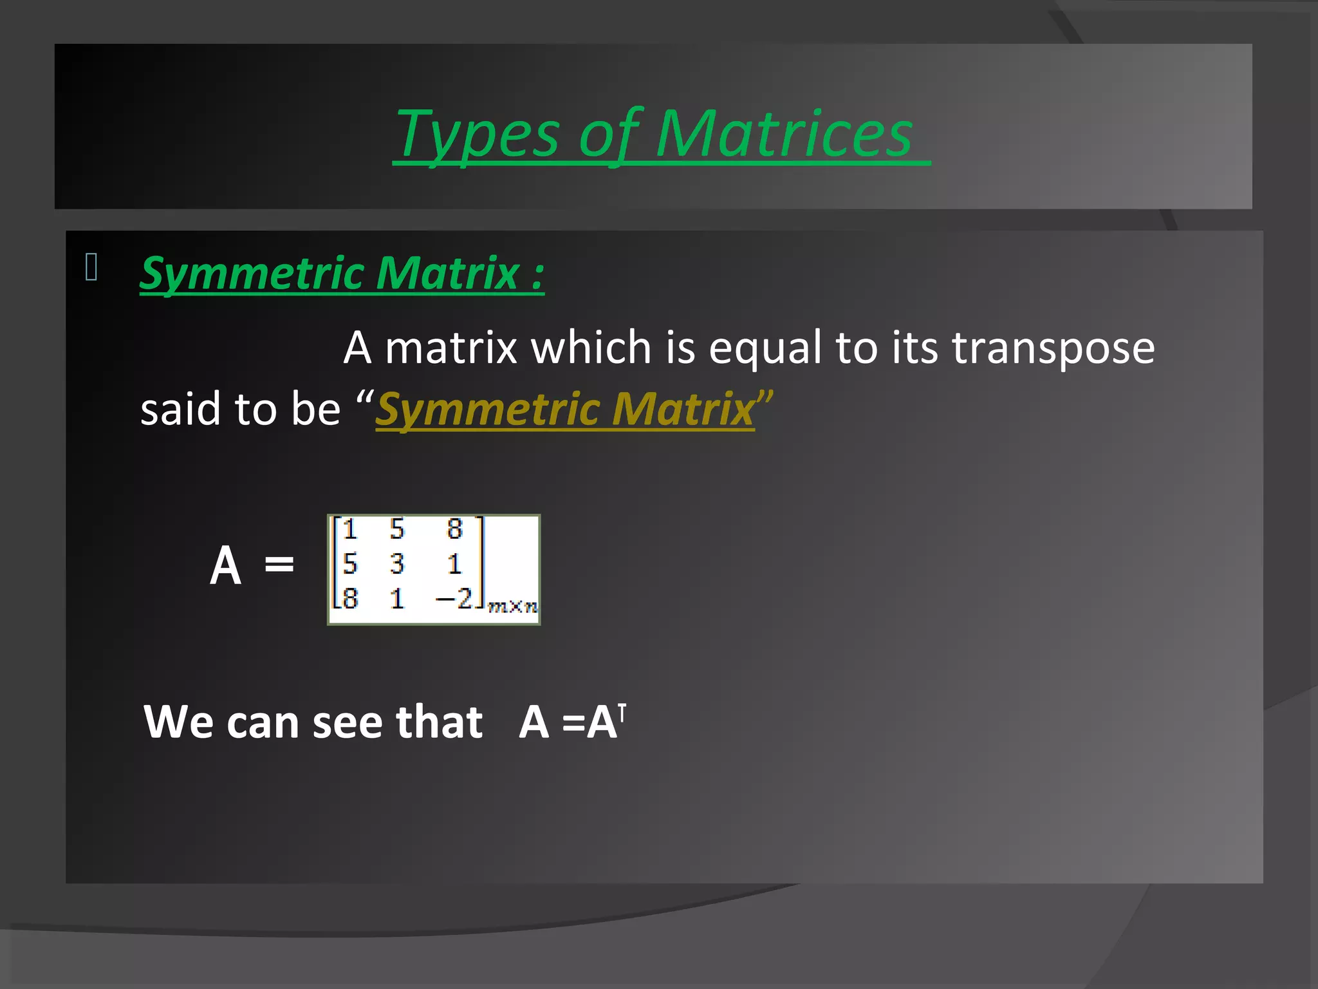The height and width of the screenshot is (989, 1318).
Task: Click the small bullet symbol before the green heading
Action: (x=91, y=267)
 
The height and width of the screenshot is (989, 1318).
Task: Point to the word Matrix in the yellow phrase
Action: (x=683, y=409)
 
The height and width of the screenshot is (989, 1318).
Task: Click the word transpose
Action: (x=1053, y=348)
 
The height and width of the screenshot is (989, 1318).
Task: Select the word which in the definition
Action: (x=591, y=348)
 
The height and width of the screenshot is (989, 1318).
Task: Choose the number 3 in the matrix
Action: (x=397, y=564)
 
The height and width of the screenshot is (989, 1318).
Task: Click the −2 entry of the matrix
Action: (x=454, y=598)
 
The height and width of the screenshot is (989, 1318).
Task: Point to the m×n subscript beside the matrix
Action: (x=513, y=606)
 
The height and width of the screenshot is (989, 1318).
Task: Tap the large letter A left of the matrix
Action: (x=226, y=565)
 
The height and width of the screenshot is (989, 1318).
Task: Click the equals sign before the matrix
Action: (x=279, y=565)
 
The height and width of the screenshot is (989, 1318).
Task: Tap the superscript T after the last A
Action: (x=622, y=712)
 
